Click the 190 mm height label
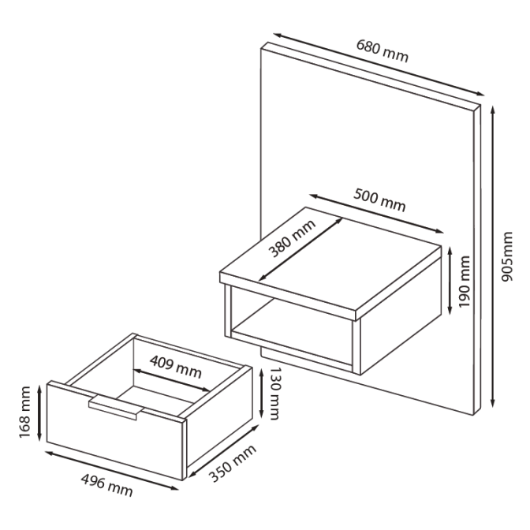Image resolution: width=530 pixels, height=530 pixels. [x=464, y=282]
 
